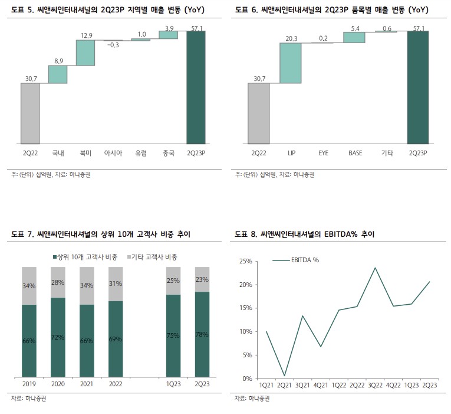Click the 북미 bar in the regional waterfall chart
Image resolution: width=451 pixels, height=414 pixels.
(85, 53)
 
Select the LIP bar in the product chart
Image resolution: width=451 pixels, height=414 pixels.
(291, 63)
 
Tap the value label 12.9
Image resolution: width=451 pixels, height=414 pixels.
(86, 35)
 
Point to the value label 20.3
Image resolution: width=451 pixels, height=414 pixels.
(290, 39)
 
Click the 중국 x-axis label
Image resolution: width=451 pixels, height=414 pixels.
(168, 154)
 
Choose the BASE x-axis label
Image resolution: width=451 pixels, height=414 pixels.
(355, 154)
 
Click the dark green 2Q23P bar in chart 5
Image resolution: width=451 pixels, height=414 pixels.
(196, 87)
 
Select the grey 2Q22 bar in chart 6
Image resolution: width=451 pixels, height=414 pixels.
(259, 113)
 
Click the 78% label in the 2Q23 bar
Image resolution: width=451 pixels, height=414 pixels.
(202, 335)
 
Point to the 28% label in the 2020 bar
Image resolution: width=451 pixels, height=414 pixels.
(58, 283)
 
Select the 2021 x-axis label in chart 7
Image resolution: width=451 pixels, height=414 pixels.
(87, 384)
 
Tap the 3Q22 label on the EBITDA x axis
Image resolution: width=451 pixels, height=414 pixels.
(374, 385)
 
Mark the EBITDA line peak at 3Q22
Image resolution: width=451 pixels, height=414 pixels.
(374, 268)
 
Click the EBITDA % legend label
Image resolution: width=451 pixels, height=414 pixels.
(305, 260)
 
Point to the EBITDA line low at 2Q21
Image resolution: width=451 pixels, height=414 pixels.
(285, 376)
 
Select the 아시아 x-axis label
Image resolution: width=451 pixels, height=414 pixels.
(113, 154)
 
